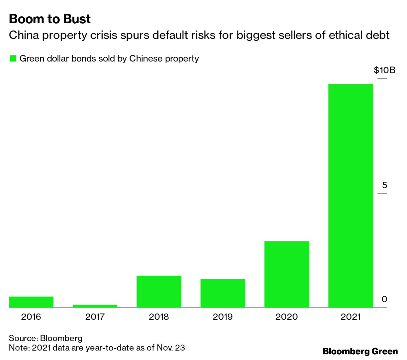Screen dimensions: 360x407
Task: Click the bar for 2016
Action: click(31, 302)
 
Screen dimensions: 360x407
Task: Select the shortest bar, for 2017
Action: click(95, 306)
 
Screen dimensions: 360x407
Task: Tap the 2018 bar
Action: click(159, 292)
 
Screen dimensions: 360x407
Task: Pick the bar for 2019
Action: click(223, 293)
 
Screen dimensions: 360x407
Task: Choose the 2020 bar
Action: click(286, 274)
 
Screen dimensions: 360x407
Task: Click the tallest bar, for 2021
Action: click(350, 195)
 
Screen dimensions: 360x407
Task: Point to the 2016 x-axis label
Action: click(31, 316)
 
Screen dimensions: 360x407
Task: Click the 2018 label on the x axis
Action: click(159, 316)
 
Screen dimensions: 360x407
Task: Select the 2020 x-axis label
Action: click(286, 316)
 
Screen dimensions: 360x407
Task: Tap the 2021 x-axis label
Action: click(350, 316)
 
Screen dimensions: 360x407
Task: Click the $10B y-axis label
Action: click(384, 70)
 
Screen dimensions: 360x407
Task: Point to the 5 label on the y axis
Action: click(384, 185)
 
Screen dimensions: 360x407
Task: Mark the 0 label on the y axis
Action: click(384, 299)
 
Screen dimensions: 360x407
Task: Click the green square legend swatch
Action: click(13, 59)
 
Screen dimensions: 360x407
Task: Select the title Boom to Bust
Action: click(50, 19)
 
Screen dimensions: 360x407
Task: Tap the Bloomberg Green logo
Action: click(360, 351)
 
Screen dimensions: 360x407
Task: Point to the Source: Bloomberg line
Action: click(45, 338)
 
